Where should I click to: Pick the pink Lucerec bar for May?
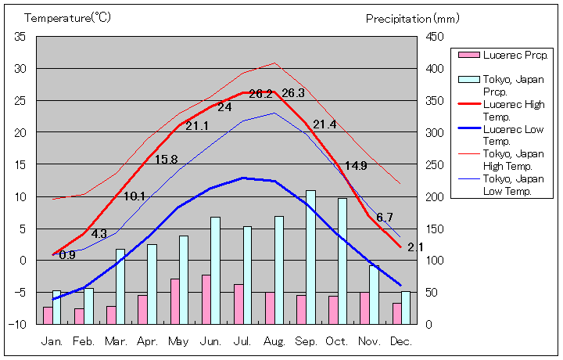click(175, 301)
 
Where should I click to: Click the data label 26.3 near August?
click(293, 92)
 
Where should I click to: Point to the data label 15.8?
click(166, 160)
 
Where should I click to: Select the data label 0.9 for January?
click(67, 255)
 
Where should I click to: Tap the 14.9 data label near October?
click(356, 166)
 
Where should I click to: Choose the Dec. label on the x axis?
click(400, 342)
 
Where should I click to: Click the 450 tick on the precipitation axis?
click(435, 37)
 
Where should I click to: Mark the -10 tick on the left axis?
click(18, 324)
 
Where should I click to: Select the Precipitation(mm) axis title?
click(412, 17)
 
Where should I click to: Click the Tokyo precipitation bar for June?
click(215, 270)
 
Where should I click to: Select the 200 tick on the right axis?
click(435, 196)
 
